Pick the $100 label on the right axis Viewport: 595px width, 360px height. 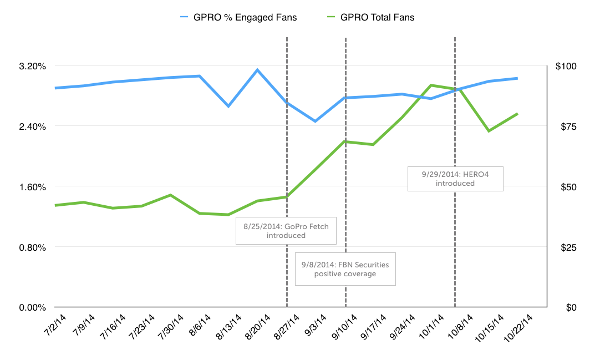pyautogui.click(x=566, y=66)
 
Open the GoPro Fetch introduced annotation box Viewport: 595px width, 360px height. pyautogui.click(x=286, y=231)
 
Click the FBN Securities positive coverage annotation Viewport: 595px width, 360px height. pyautogui.click(x=345, y=269)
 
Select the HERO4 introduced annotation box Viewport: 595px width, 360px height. pyautogui.click(x=455, y=179)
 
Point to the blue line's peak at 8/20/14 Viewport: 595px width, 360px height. pyautogui.click(x=257, y=70)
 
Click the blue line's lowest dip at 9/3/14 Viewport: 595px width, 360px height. pyautogui.click(x=315, y=121)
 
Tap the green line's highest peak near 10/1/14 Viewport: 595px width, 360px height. pyautogui.click(x=431, y=85)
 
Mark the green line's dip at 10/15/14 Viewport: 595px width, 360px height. pyautogui.click(x=489, y=131)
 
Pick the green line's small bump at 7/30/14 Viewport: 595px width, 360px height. pyautogui.click(x=170, y=195)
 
